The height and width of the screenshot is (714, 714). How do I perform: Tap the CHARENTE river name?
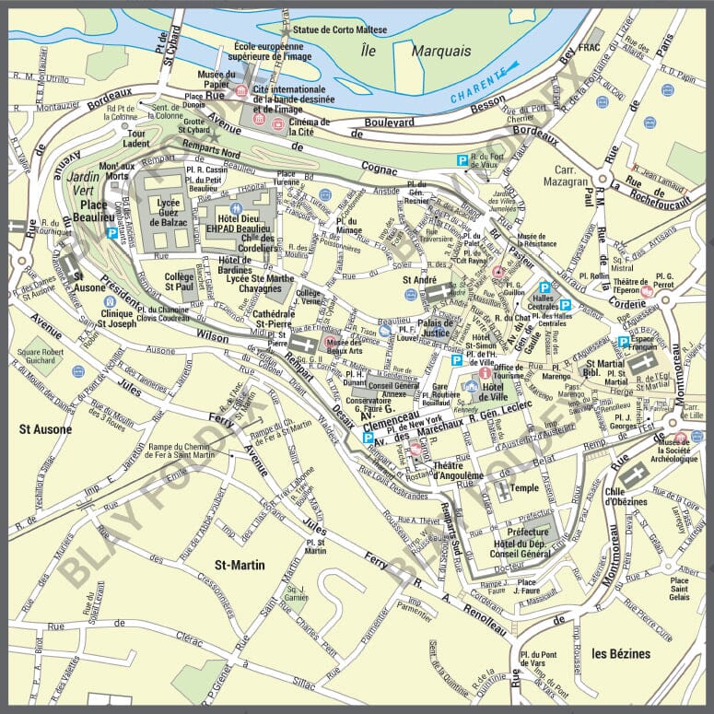pos(476,83)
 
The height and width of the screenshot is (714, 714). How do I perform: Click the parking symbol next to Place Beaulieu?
pos(112,234)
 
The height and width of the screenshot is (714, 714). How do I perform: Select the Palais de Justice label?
pos(436,329)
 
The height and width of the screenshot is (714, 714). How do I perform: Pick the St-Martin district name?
pos(240,564)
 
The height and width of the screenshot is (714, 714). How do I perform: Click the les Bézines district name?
pos(621,653)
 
